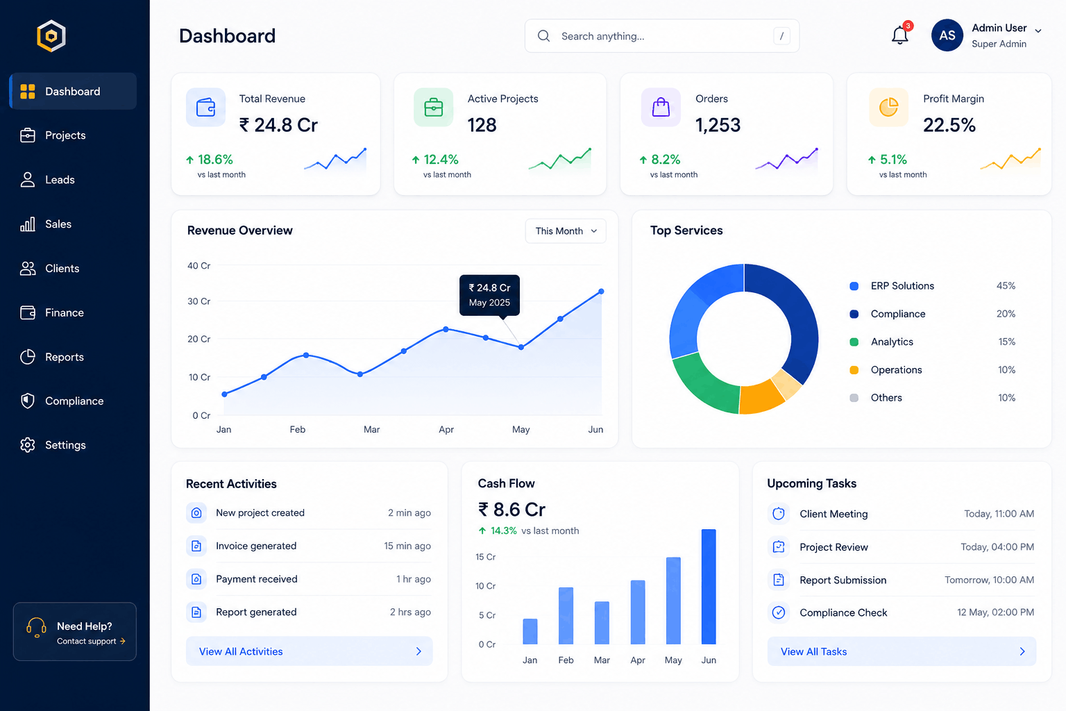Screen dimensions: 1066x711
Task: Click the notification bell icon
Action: tap(899, 35)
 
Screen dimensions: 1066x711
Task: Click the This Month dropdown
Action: tap(566, 231)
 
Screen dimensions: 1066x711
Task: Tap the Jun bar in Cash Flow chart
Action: tap(709, 587)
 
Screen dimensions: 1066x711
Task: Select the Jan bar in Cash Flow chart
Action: tap(530, 631)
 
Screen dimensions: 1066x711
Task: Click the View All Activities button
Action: tap(310, 651)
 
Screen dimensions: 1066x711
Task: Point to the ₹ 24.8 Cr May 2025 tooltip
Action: tap(489, 295)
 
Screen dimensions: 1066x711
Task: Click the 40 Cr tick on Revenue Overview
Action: tap(199, 266)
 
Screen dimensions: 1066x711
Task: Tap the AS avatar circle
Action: tap(947, 35)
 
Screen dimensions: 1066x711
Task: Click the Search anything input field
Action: tap(662, 35)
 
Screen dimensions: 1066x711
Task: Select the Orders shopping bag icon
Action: tap(661, 107)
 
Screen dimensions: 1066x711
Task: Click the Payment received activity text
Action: tap(257, 579)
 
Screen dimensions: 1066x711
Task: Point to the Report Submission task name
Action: tap(843, 580)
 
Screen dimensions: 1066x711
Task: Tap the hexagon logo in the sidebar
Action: tap(51, 35)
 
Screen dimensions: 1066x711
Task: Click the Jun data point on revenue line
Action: tap(601, 291)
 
